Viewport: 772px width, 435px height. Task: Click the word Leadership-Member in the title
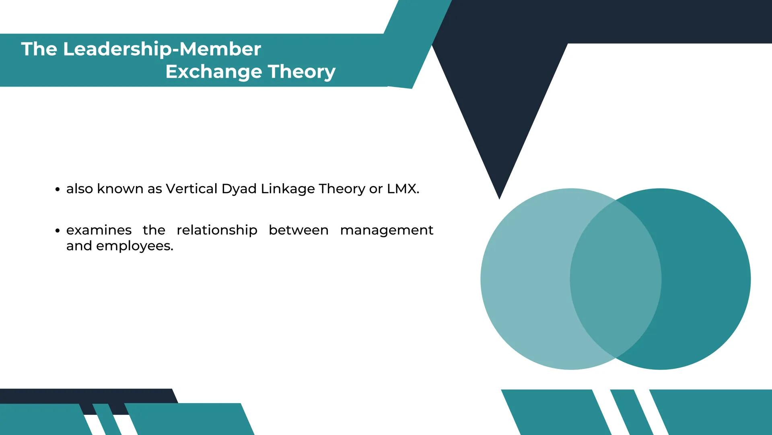(x=162, y=49)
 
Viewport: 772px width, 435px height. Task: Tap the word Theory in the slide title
(x=302, y=72)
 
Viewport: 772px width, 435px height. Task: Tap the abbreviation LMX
(x=402, y=188)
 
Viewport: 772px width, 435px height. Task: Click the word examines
(x=99, y=230)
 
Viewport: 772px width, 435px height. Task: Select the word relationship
(x=217, y=230)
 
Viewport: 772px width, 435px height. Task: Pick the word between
(x=299, y=230)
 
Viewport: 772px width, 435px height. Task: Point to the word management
(x=387, y=230)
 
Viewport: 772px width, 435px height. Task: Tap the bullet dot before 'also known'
(x=58, y=189)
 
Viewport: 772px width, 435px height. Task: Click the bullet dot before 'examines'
(x=58, y=231)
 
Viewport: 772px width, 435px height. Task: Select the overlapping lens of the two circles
(x=616, y=279)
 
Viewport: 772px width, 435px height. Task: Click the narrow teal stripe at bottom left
(x=107, y=419)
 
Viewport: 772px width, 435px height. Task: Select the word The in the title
(x=39, y=49)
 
